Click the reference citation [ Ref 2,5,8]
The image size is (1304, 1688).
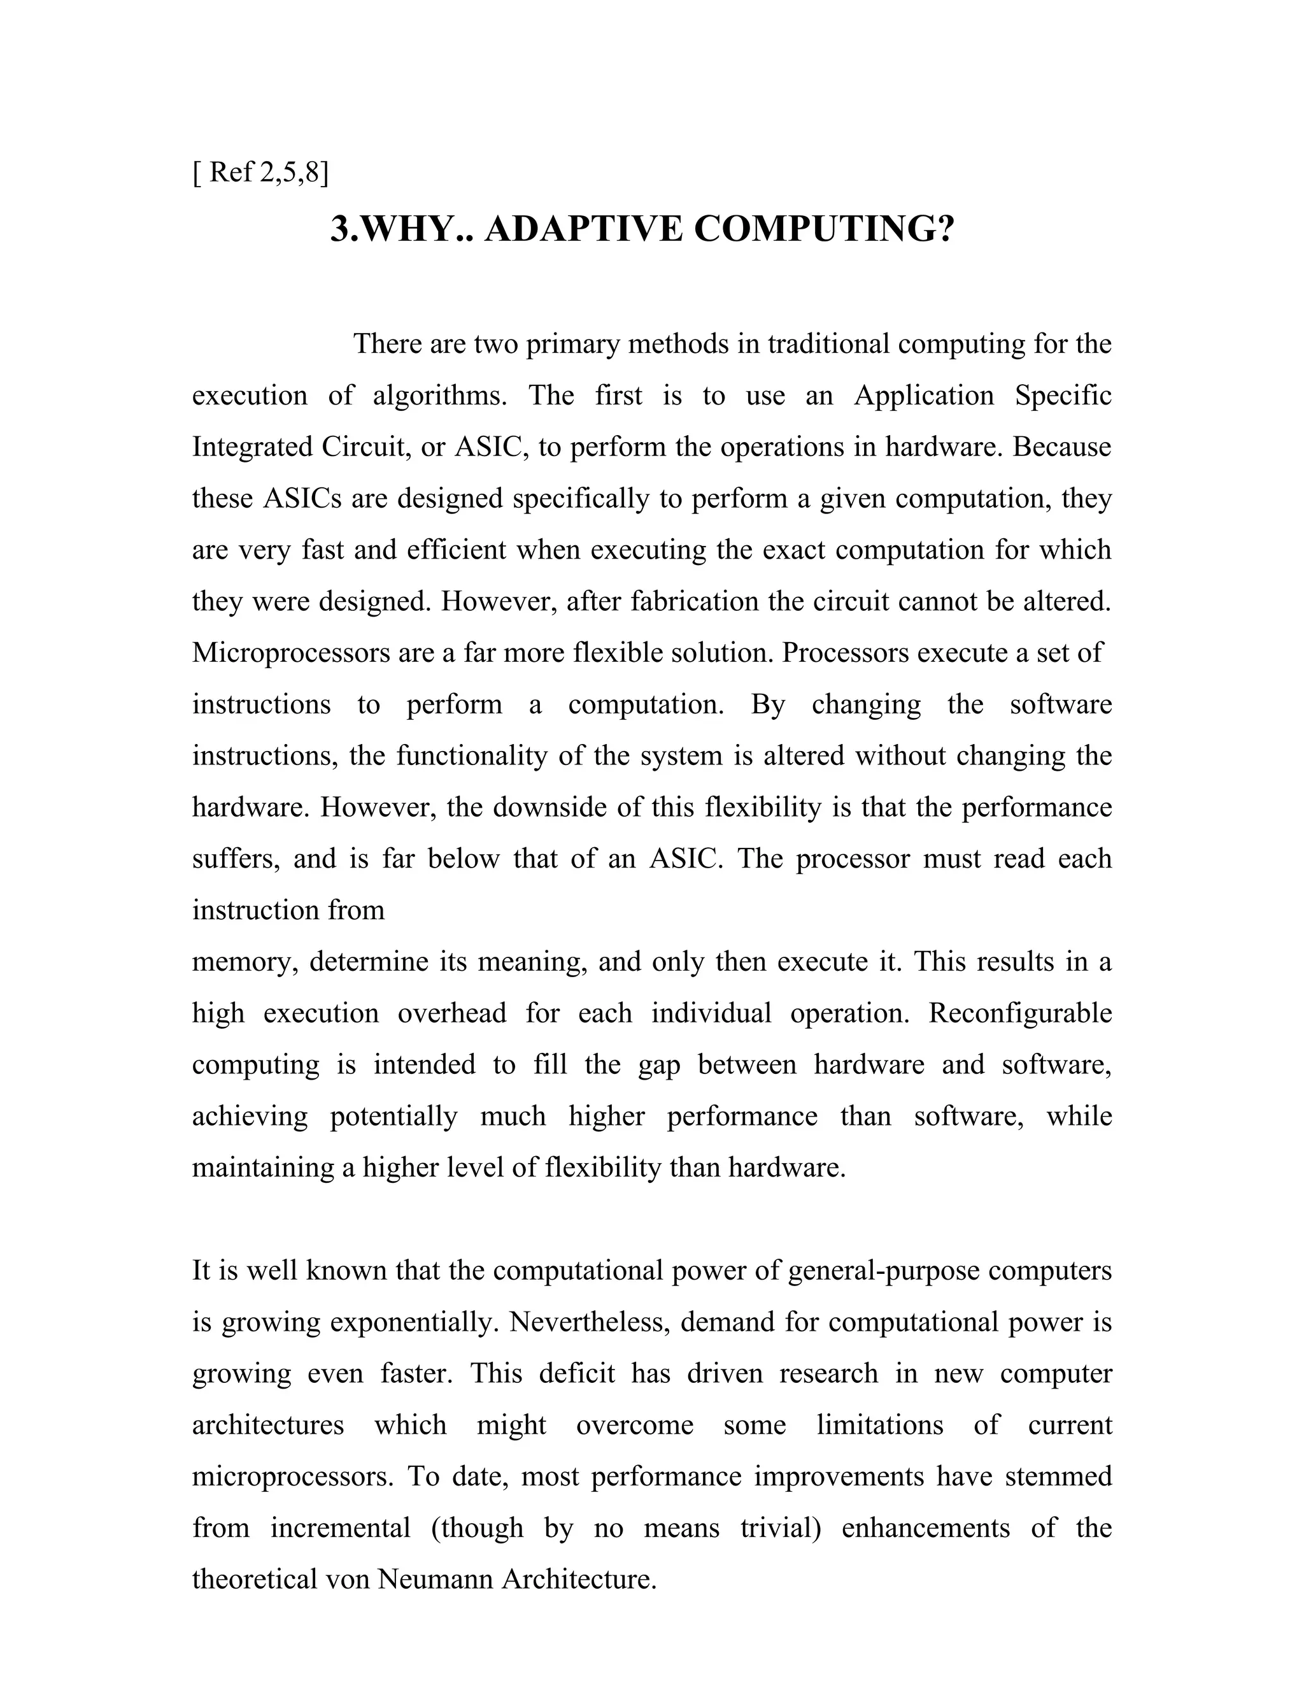(260, 173)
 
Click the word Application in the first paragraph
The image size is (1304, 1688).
(923, 396)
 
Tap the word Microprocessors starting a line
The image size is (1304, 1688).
(291, 653)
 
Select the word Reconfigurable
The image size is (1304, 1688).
(1020, 1013)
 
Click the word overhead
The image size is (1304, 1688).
(451, 1013)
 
